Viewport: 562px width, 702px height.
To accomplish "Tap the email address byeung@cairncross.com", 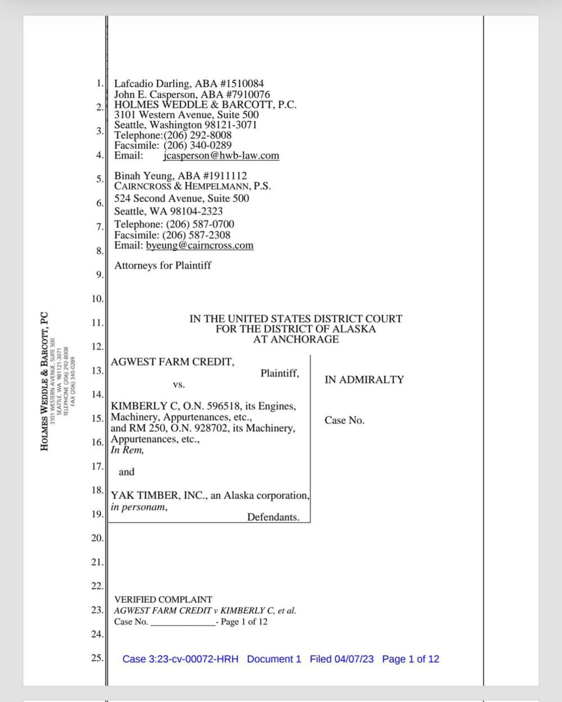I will (x=200, y=245).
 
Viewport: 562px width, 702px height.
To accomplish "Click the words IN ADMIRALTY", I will (x=364, y=380).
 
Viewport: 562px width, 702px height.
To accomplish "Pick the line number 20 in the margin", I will (x=97, y=538).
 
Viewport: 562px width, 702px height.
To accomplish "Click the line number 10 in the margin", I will (x=97, y=299).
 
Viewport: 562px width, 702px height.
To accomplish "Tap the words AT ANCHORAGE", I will (x=296, y=339).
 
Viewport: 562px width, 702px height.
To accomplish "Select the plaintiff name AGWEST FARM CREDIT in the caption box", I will (x=172, y=362).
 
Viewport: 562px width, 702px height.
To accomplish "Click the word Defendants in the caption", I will (x=273, y=517).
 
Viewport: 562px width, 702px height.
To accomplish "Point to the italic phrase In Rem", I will (x=127, y=450).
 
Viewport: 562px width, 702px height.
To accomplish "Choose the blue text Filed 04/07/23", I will (x=342, y=659).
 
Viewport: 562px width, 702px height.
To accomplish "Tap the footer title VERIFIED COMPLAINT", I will (x=163, y=600).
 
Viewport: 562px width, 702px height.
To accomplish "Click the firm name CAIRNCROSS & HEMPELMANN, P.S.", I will (x=192, y=186).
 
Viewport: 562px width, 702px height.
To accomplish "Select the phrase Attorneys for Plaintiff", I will (x=162, y=266).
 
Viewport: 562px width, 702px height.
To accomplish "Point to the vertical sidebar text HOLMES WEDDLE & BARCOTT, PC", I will (x=45, y=382).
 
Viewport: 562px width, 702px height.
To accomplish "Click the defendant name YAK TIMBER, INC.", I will (x=159, y=496).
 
